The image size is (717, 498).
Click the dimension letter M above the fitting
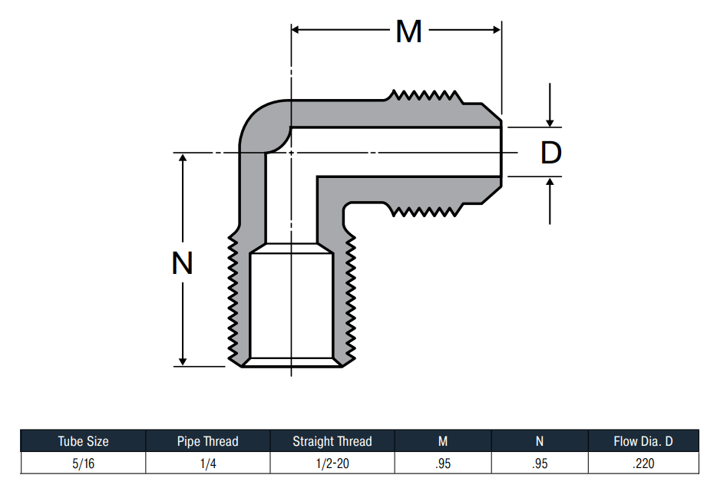[409, 31]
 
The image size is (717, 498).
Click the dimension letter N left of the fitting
[182, 263]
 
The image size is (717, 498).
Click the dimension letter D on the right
[551, 153]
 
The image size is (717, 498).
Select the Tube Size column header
[83, 441]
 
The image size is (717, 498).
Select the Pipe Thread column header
[207, 441]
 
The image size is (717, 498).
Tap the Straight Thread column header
[332, 441]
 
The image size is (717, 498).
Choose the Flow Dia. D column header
[643, 441]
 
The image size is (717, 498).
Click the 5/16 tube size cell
[83, 463]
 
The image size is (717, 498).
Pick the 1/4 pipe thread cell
[208, 463]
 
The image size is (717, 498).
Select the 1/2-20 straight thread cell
[332, 463]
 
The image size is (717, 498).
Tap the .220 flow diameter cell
[643, 463]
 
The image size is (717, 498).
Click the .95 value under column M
[443, 463]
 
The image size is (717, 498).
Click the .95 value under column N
[540, 463]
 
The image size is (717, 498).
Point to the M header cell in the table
[443, 441]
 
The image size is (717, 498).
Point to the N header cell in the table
[540, 441]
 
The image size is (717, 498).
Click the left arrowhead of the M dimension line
[295, 30]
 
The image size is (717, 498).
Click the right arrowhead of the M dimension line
[497, 30]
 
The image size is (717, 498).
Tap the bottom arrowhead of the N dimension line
[183, 362]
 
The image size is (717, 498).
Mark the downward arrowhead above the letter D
[550, 123]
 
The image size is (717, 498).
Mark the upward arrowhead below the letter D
[550, 181]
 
